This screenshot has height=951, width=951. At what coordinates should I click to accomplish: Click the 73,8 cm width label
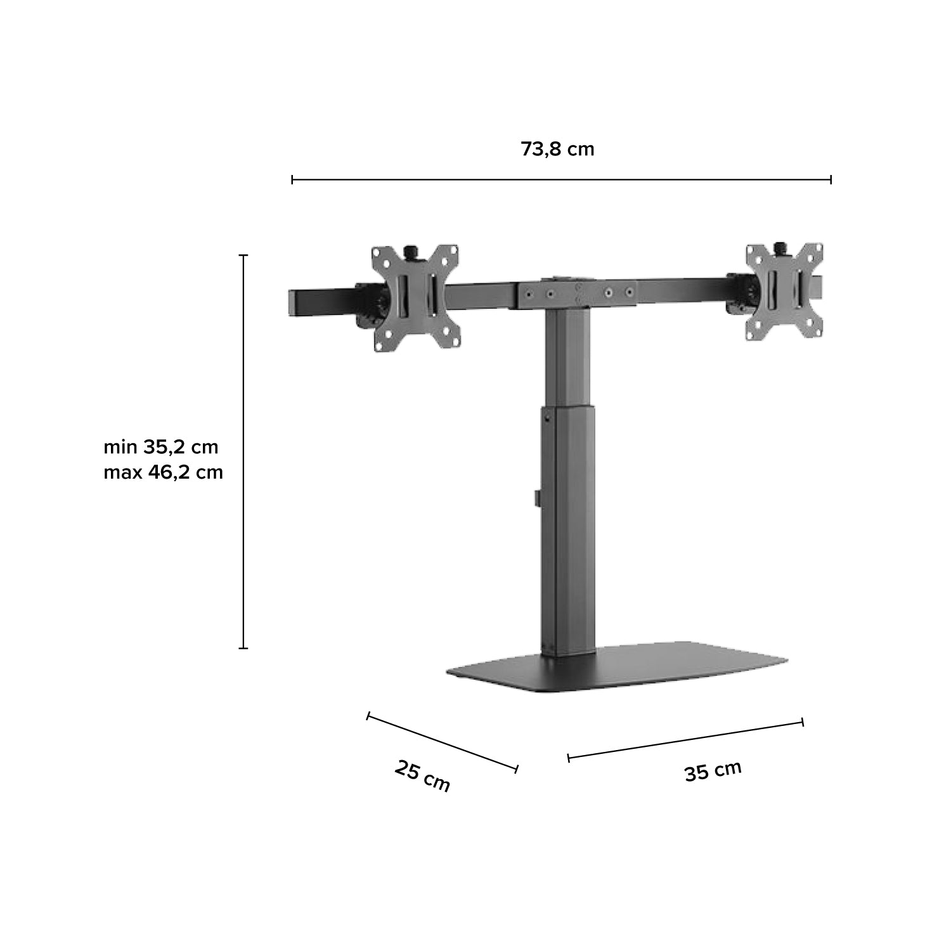(557, 150)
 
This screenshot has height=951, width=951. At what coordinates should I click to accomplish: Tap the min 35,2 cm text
(161, 447)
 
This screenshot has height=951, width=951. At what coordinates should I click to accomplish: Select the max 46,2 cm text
(163, 472)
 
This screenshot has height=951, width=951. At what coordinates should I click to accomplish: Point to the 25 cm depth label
(422, 775)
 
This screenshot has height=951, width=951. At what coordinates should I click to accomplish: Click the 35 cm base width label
(713, 771)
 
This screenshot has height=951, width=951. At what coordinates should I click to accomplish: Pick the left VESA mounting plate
(415, 297)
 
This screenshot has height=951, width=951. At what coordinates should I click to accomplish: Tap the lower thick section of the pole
(568, 533)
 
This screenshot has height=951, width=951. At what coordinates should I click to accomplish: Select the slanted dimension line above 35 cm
(685, 739)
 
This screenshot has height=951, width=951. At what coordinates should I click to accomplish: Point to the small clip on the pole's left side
(537, 497)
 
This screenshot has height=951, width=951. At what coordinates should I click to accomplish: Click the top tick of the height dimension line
(243, 256)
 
